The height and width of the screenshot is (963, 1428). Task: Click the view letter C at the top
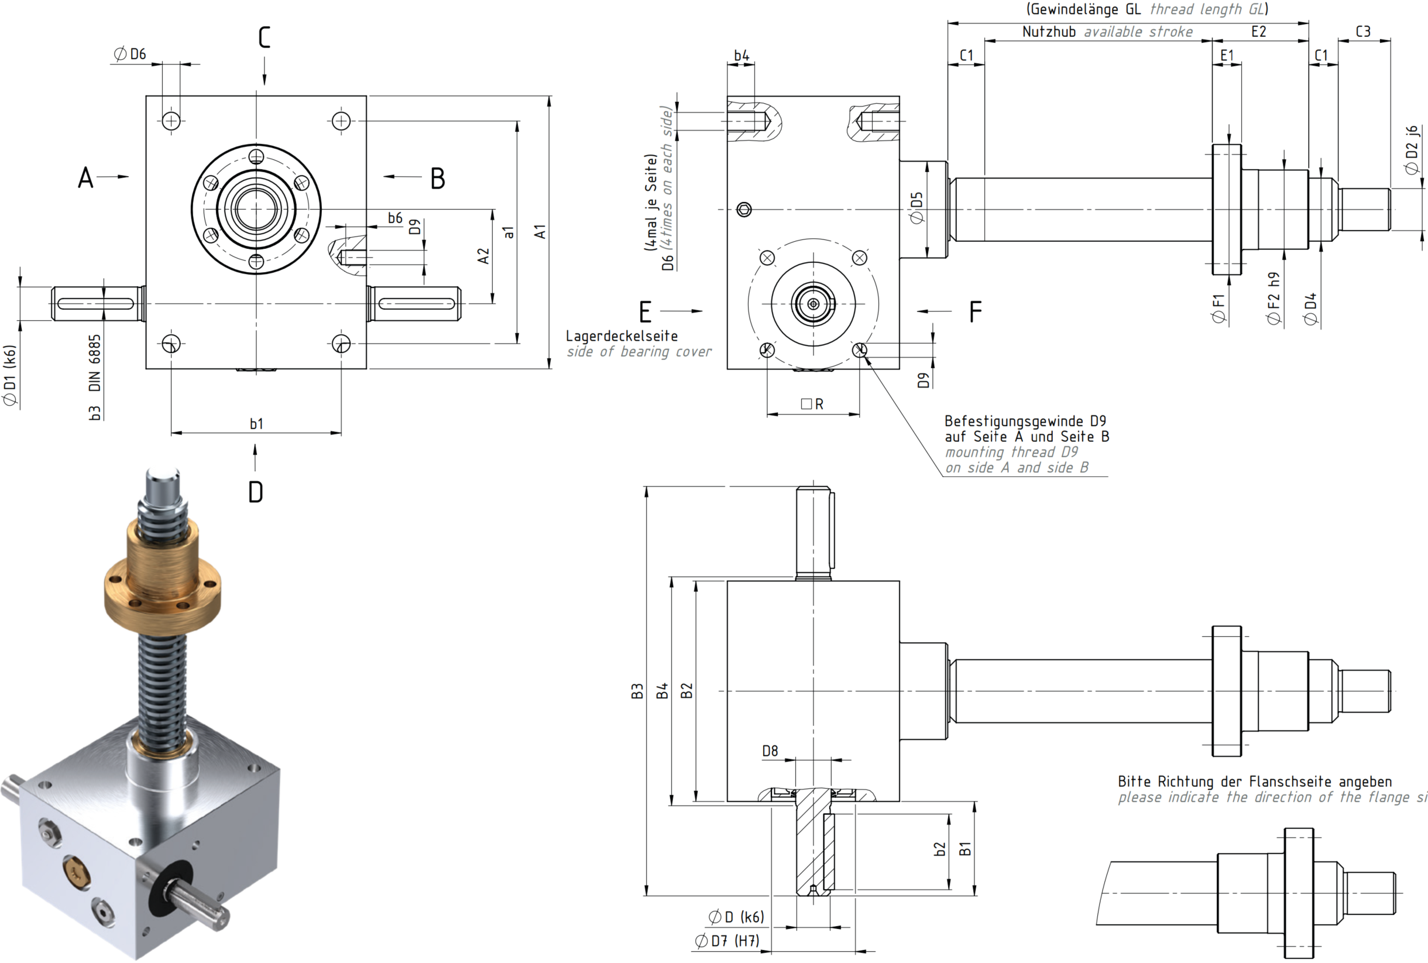265,37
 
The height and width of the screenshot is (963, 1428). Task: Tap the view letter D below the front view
255,492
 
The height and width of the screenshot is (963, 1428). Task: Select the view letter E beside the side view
646,312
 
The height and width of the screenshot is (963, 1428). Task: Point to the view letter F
976,311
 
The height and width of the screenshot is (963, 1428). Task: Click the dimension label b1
256,424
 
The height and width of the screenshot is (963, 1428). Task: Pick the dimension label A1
540,232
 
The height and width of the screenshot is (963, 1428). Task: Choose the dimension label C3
1363,32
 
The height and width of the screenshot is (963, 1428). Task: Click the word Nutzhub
1049,32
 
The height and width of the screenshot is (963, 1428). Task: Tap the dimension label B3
637,691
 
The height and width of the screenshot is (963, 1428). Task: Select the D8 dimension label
770,750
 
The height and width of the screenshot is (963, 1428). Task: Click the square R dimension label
812,404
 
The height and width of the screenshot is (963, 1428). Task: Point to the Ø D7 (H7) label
727,940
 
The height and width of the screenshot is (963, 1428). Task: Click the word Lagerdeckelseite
622,336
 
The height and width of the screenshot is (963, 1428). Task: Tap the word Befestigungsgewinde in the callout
1014,421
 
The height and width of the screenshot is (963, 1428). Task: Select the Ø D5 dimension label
916,208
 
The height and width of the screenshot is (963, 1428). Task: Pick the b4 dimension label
742,56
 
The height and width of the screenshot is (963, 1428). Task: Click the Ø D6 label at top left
129,54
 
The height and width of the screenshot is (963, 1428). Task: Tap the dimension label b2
940,849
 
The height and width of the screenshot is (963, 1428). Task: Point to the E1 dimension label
1227,56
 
